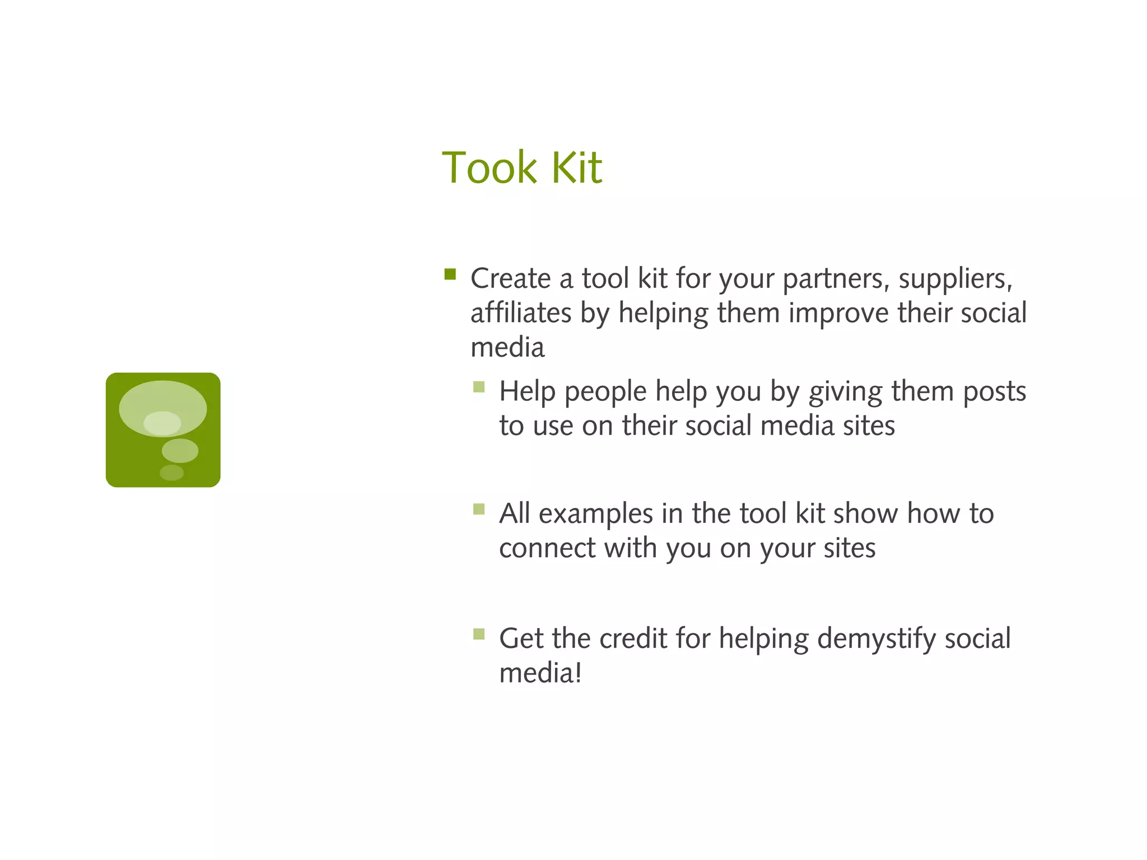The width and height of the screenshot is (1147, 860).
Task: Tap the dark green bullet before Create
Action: (x=450, y=274)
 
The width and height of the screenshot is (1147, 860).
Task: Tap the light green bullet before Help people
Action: (x=479, y=387)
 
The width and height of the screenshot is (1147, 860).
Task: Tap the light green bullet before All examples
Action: (x=479, y=509)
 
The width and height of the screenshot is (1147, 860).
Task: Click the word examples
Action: (x=596, y=515)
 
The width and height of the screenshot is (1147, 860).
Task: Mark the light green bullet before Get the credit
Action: (x=479, y=634)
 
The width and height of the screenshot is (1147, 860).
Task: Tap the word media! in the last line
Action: (x=540, y=672)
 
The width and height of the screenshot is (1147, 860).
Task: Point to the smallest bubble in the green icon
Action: (x=171, y=473)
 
